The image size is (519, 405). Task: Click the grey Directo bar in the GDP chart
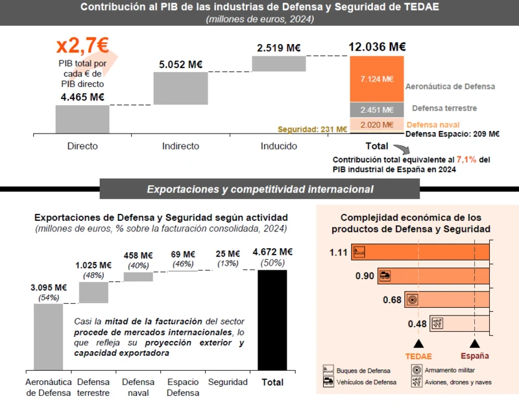(82, 119)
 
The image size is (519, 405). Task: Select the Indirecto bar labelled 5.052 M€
(180, 87)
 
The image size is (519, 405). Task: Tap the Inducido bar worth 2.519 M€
(278, 64)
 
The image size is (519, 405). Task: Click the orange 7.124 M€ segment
(377, 78)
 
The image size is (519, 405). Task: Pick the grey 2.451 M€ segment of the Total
(377, 110)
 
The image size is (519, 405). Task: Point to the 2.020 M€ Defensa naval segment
(377, 124)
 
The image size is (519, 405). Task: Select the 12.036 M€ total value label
(377, 47)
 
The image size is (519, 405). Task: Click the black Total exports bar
(272, 319)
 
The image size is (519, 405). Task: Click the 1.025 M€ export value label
(93, 265)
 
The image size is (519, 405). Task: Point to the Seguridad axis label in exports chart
(227, 382)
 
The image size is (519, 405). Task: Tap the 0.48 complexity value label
(418, 324)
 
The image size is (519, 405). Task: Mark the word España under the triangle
(475, 356)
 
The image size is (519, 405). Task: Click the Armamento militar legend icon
(416, 370)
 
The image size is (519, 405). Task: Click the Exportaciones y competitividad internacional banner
(259, 189)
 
